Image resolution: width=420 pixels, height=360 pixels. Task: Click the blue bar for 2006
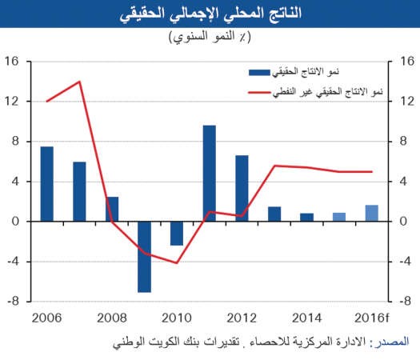click(x=47, y=184)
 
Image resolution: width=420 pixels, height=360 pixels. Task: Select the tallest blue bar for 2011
click(x=210, y=174)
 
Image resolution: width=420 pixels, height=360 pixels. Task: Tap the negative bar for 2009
click(x=144, y=257)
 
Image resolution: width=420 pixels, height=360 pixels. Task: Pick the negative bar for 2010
click(x=177, y=234)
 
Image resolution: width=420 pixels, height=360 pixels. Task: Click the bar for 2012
click(x=242, y=188)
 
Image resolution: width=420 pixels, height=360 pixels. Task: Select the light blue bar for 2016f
click(x=372, y=214)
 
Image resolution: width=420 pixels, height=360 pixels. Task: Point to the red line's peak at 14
click(x=79, y=82)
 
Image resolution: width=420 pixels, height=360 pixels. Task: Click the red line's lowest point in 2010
click(x=177, y=263)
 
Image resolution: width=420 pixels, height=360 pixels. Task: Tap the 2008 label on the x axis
click(x=112, y=318)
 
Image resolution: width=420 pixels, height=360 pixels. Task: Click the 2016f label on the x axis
click(x=371, y=318)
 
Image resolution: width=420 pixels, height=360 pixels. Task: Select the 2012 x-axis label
click(x=242, y=318)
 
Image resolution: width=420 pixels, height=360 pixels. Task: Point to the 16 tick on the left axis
click(x=12, y=62)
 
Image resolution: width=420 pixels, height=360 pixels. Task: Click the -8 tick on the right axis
click(x=405, y=302)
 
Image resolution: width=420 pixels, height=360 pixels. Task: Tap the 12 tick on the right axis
click(x=407, y=102)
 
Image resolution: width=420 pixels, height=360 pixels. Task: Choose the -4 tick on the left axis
click(x=13, y=262)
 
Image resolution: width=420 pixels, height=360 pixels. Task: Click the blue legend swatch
click(x=259, y=73)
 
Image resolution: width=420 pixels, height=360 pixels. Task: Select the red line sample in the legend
click(x=259, y=93)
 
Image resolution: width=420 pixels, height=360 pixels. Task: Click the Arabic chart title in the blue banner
click(x=210, y=14)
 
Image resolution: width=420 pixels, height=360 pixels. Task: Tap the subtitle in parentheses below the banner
click(x=210, y=37)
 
